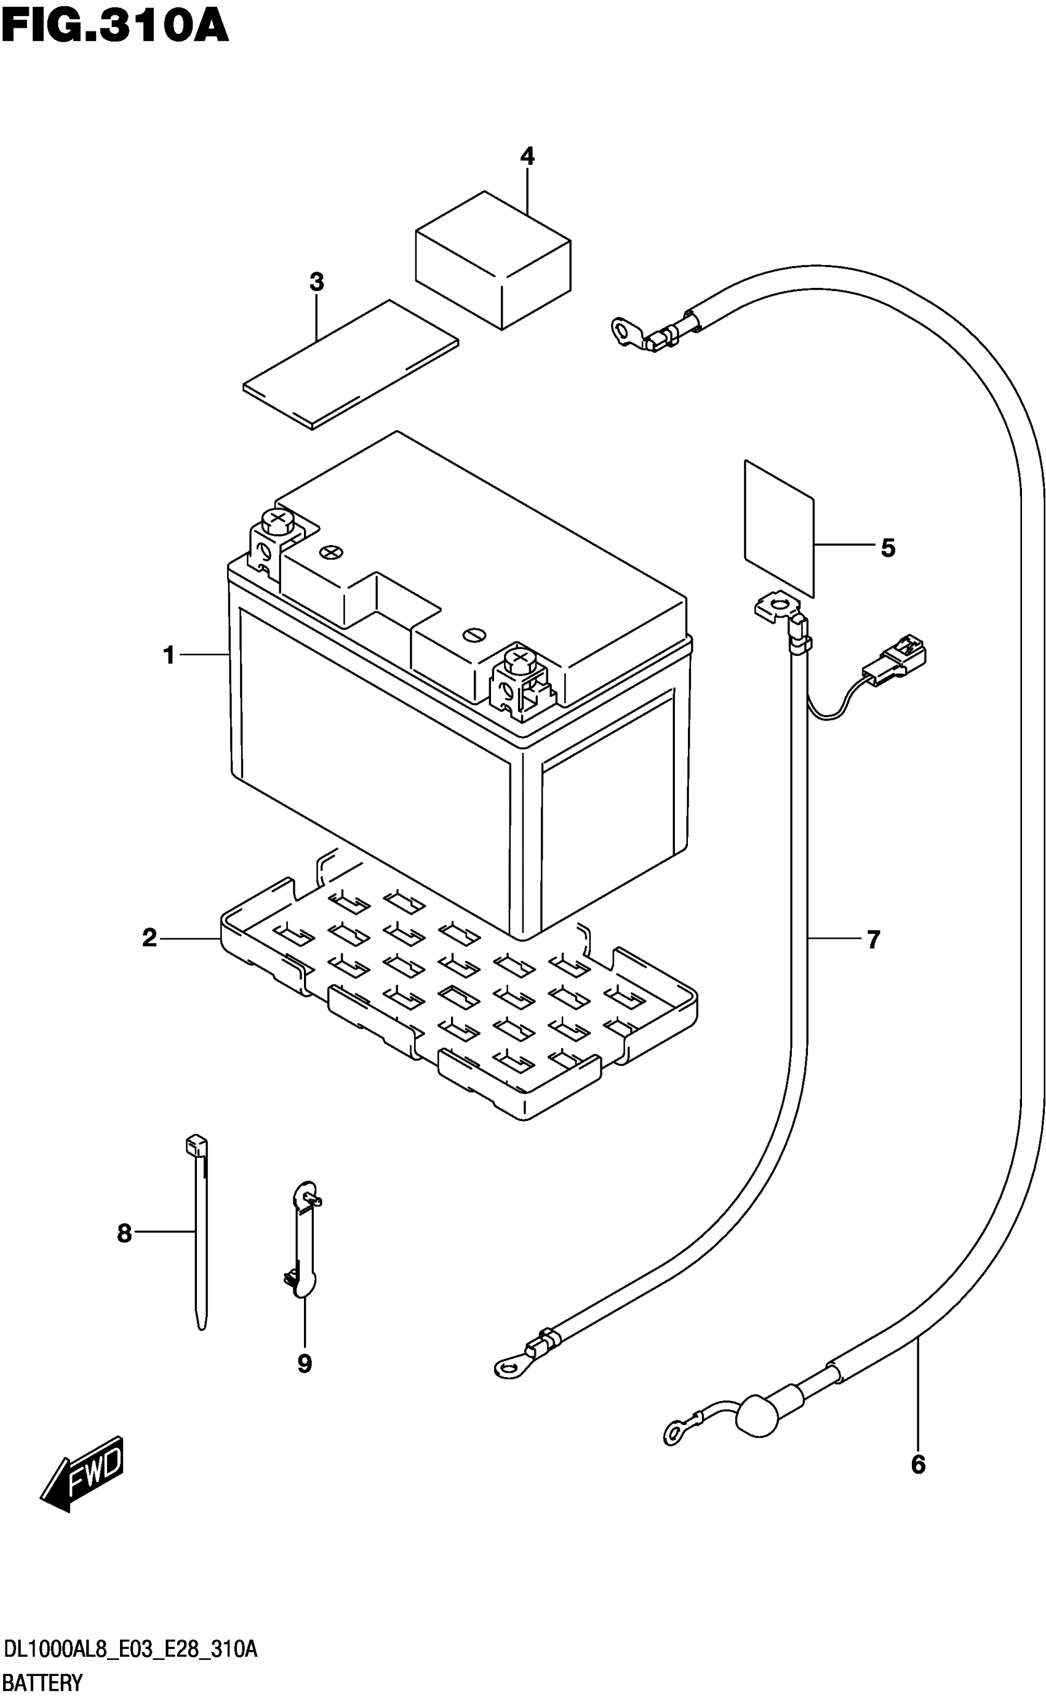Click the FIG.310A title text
[115, 28]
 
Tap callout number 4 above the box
[527, 157]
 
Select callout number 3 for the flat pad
[316, 282]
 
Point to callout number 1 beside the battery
[169, 655]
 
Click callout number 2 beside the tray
[150, 939]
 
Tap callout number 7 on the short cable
[873, 939]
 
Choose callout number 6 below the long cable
[917, 1464]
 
